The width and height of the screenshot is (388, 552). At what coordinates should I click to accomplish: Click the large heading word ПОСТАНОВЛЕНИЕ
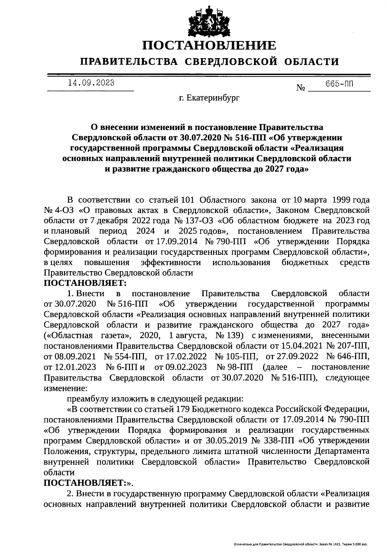[210, 45]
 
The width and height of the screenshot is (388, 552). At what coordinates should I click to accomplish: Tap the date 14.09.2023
[91, 83]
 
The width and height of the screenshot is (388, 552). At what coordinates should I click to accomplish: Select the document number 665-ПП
[339, 85]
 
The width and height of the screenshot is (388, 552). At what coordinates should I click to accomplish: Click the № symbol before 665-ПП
[301, 88]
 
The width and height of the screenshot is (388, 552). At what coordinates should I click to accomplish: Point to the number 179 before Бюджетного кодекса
[183, 410]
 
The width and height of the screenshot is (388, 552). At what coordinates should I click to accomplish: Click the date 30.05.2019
[221, 441]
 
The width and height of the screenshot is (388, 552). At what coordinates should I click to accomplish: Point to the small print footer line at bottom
[301, 545]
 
